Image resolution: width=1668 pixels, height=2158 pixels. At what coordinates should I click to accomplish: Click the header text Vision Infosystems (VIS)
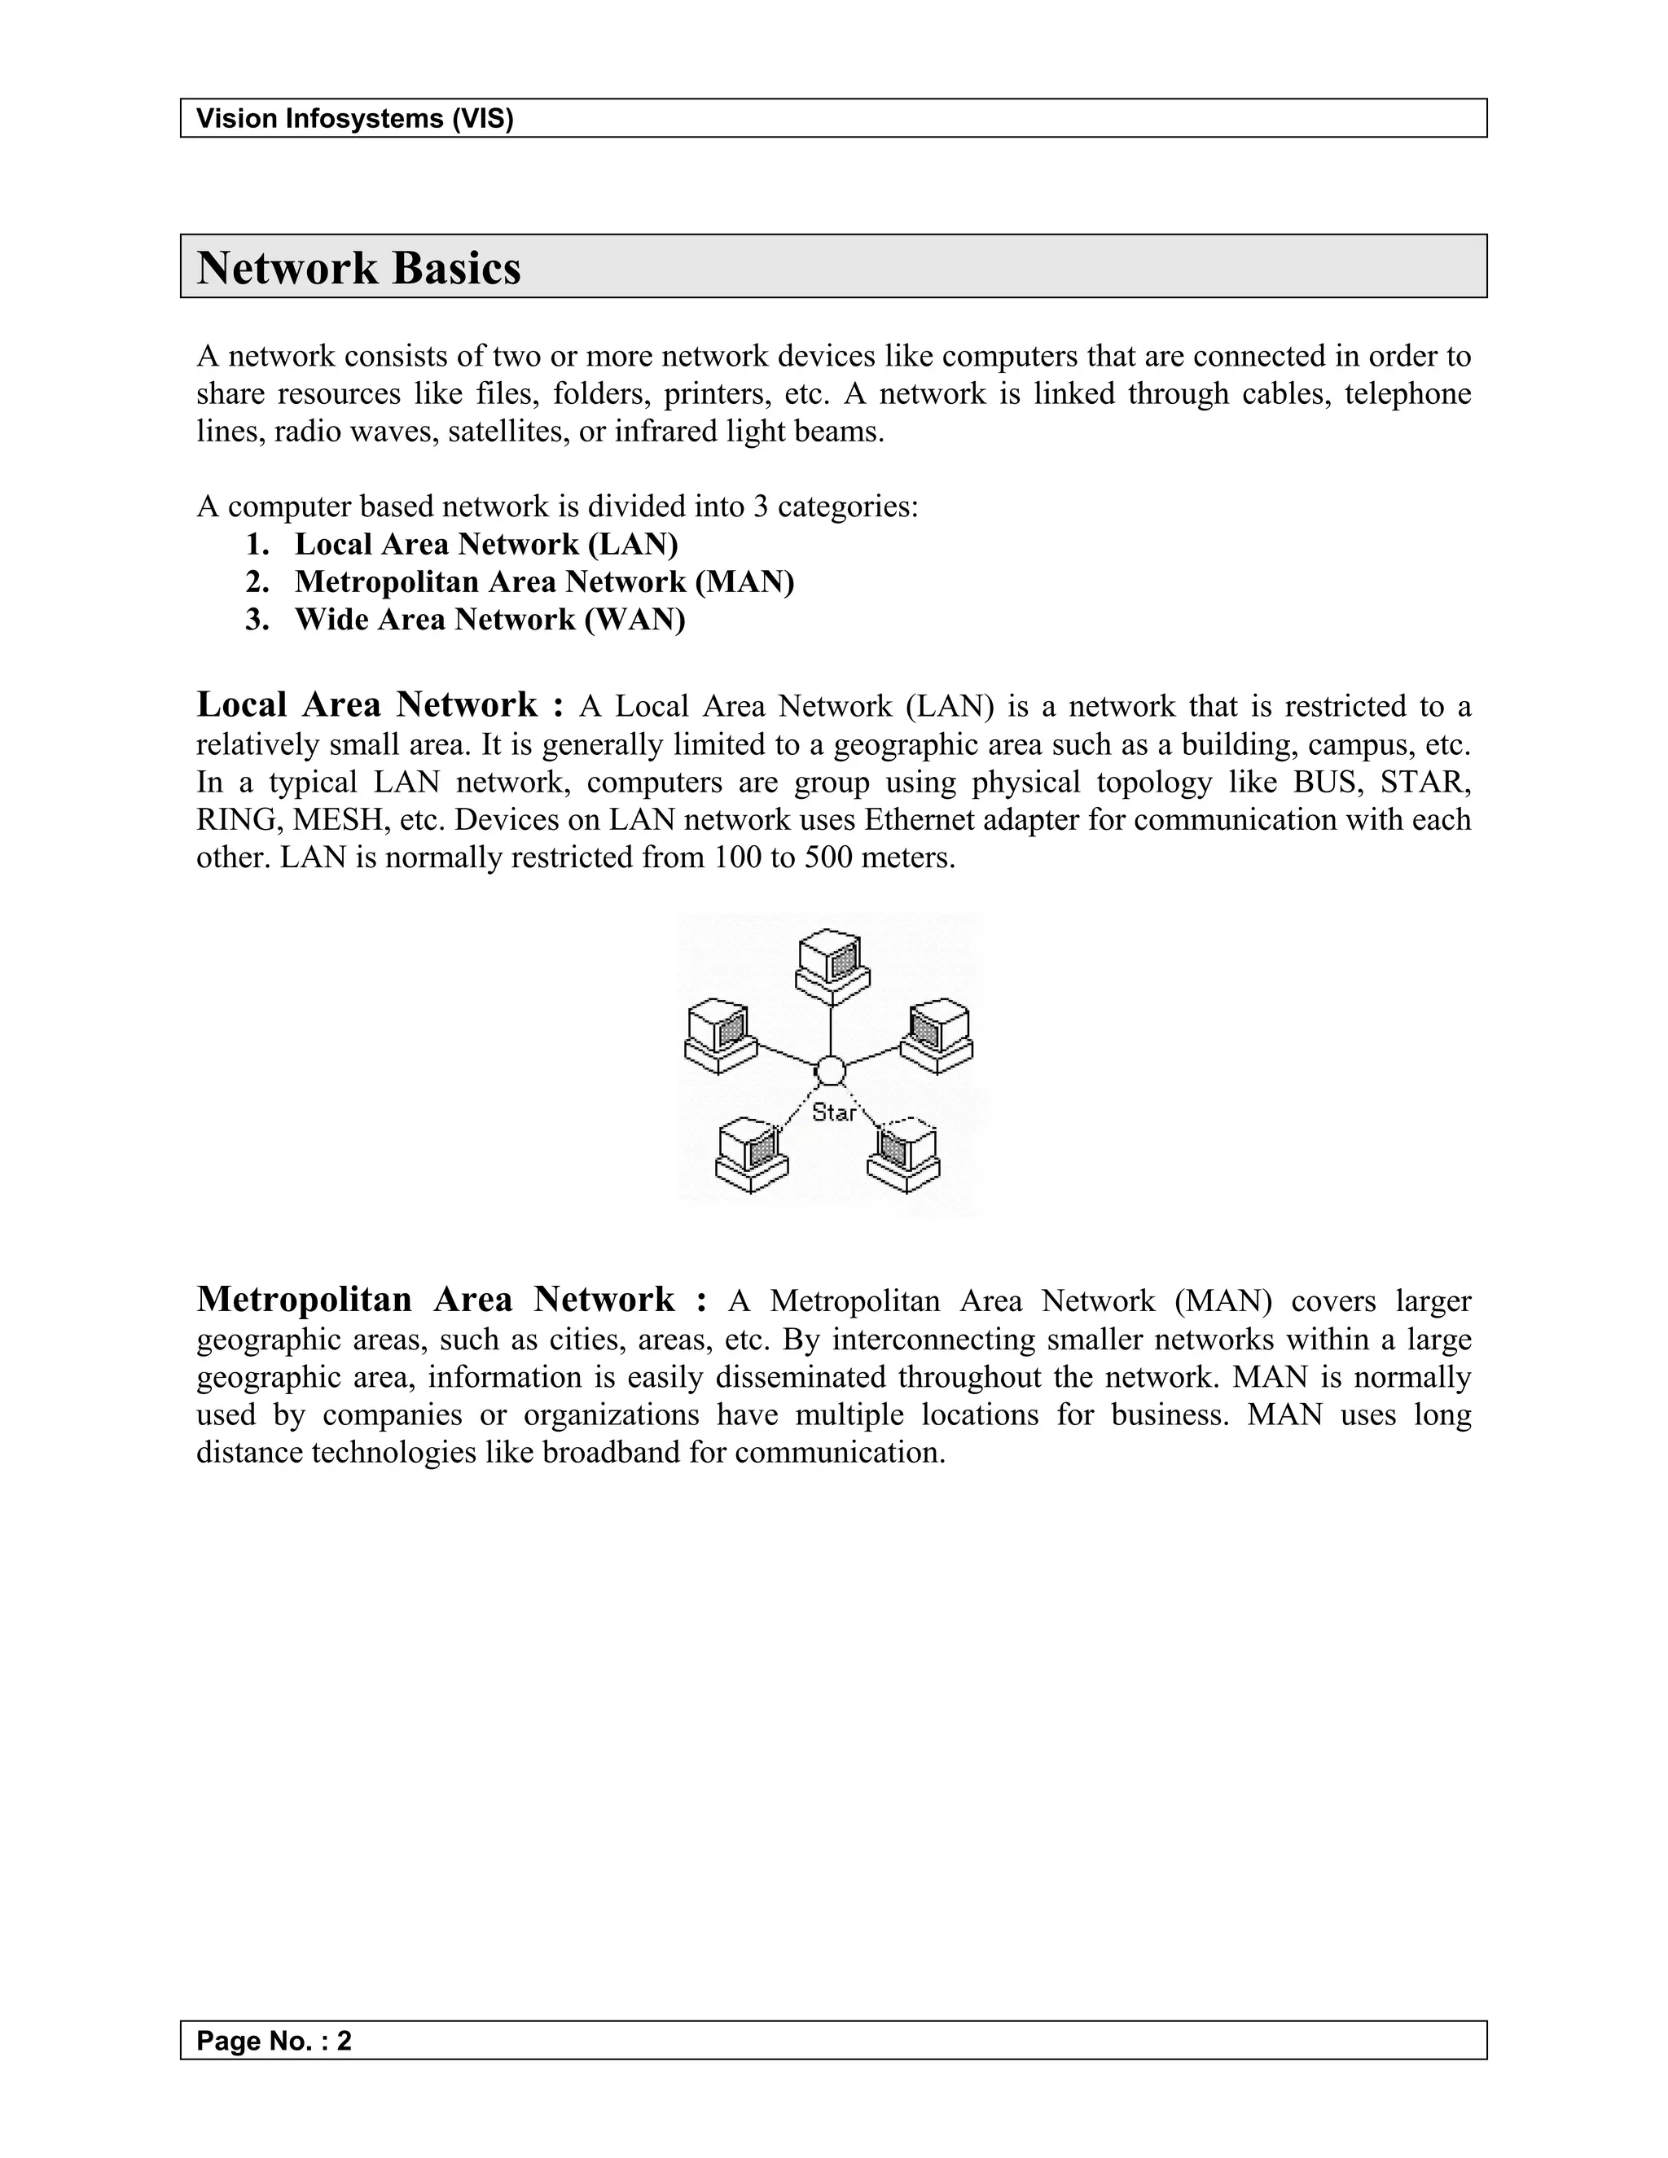[x=355, y=120]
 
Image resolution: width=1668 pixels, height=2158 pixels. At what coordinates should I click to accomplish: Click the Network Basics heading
[x=358, y=269]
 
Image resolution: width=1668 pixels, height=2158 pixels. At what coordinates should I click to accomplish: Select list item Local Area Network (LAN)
[x=486, y=545]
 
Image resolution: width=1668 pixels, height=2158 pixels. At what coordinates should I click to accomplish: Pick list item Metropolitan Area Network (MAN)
[x=545, y=582]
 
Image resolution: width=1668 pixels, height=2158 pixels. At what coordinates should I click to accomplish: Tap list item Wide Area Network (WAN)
[x=489, y=620]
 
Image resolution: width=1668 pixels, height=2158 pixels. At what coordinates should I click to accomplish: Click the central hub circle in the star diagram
[x=830, y=1070]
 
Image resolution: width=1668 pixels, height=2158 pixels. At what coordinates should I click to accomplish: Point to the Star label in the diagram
[x=834, y=1112]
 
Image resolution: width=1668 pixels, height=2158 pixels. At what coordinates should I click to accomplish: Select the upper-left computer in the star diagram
[x=720, y=1037]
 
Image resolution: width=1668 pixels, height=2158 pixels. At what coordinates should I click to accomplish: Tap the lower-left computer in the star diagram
[x=752, y=1154]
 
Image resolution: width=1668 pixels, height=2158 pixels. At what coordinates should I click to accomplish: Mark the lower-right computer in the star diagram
[x=904, y=1154]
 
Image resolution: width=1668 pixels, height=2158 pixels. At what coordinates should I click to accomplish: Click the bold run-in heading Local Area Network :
[x=380, y=705]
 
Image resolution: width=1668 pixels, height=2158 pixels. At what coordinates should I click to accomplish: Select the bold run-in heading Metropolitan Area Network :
[x=451, y=1300]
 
